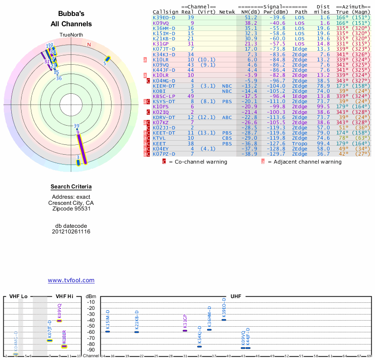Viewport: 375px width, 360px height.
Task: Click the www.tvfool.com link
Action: pyautogui.click(x=71, y=280)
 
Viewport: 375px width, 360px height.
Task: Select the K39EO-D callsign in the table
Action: pyautogui.click(x=164, y=17)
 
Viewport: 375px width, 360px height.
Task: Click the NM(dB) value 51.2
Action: pyautogui.click(x=250, y=17)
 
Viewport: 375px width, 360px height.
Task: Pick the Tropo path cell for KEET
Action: pyautogui.click(x=300, y=143)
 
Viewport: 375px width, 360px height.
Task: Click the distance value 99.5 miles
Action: pyautogui.click(x=323, y=106)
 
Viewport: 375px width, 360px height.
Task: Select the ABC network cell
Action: pyautogui.click(x=226, y=117)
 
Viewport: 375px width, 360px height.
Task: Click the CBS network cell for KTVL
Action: pyautogui.click(x=226, y=138)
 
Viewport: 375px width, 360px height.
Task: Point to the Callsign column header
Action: pyautogui.click(x=165, y=12)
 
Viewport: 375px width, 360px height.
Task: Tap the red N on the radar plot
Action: pyautogui.click(x=89, y=45)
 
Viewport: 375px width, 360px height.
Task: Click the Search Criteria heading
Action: pyautogui.click(x=71, y=187)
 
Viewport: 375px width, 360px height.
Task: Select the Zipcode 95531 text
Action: pyautogui.click(x=71, y=209)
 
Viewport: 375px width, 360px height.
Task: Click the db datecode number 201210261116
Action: pyautogui.click(x=71, y=232)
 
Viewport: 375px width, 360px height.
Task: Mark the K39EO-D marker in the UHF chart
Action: pyautogui.click(x=224, y=320)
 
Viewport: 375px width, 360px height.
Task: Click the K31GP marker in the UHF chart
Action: pyautogui.click(x=185, y=331)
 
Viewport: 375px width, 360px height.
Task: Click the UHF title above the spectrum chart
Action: pyautogui.click(x=236, y=297)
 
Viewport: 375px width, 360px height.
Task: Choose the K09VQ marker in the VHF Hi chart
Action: pyautogui.click(x=60, y=321)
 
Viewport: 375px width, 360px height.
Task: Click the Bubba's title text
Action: pyautogui.click(x=71, y=14)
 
